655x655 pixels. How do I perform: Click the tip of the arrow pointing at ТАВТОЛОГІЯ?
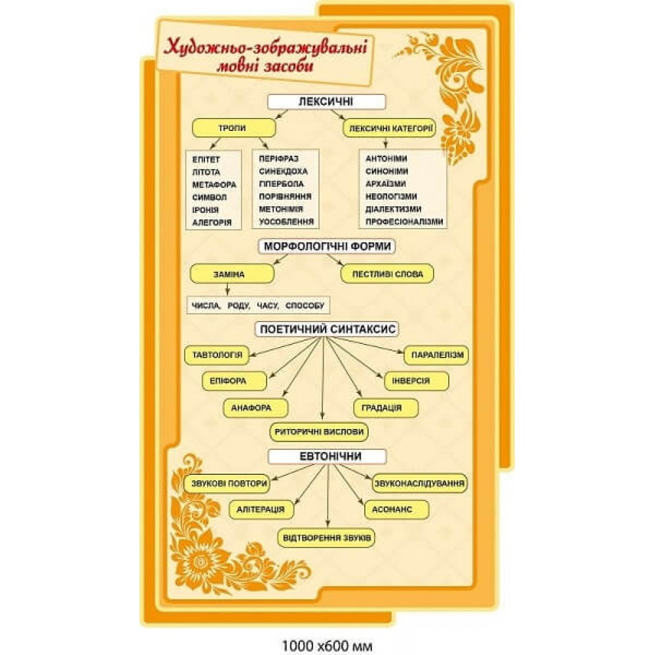pos(250,356)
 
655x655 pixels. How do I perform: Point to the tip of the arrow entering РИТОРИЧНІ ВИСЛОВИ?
pos(322,419)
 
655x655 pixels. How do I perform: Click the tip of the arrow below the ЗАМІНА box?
pos(228,295)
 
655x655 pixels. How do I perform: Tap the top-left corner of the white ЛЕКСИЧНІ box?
pos(268,95)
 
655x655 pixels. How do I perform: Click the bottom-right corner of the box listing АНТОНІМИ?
pos(447,229)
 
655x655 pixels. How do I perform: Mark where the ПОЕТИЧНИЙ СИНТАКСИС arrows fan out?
pos(322,337)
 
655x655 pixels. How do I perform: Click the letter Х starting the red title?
pos(170,47)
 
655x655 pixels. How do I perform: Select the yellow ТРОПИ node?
pos(234,128)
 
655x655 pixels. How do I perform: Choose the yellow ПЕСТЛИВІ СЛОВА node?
pos(387,274)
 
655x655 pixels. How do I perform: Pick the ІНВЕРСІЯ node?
pos(417,381)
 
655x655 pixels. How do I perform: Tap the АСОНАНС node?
pos(397,510)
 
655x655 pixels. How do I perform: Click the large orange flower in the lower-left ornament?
pos(204,561)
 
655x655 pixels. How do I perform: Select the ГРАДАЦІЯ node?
pos(386,407)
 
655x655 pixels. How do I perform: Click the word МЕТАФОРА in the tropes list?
pos(214,185)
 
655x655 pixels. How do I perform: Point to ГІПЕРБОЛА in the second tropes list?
pos(282,184)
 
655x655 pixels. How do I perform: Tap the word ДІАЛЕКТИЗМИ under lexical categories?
pos(394,209)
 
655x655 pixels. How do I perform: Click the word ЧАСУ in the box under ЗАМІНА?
pos(268,306)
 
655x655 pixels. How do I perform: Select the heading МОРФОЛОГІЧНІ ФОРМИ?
pos(327,246)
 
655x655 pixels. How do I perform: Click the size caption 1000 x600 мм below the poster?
pos(327,645)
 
